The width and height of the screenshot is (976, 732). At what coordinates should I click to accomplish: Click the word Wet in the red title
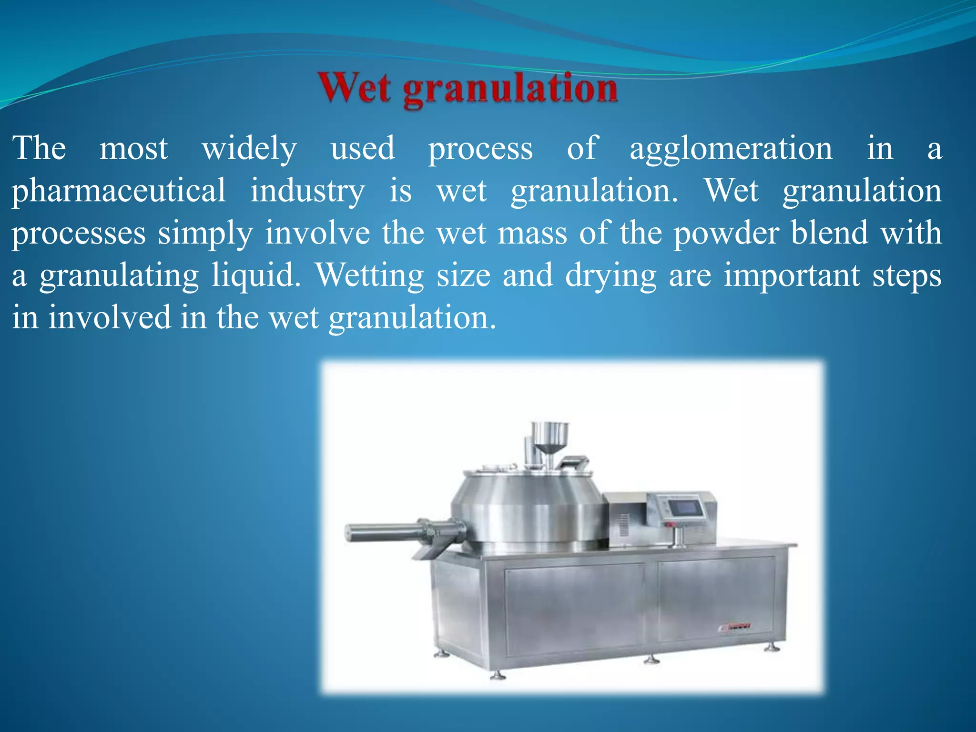pos(356,89)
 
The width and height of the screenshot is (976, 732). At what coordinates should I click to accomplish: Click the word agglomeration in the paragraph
pos(731,149)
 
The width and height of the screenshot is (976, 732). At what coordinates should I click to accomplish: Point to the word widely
pos(249,149)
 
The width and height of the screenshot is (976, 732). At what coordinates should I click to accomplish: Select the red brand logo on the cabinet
pos(734,627)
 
